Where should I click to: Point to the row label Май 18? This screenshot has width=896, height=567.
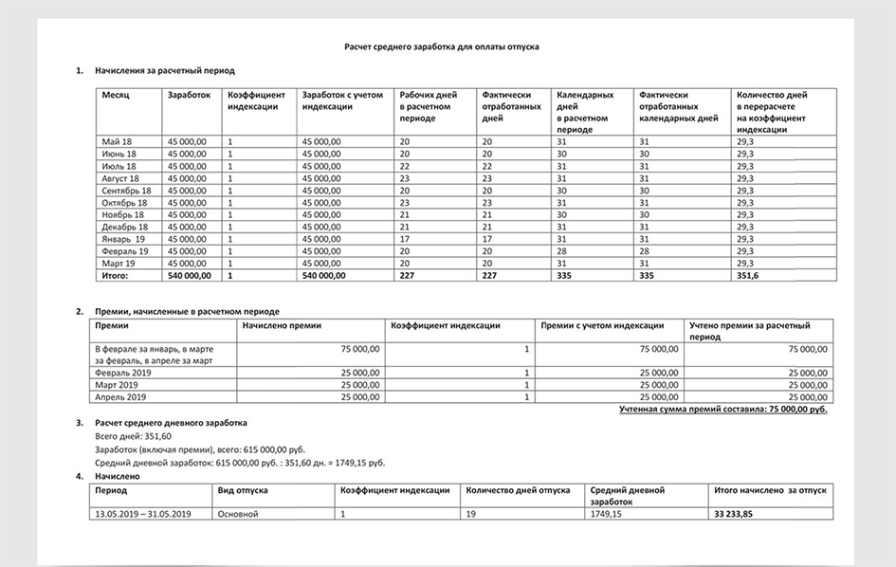click(117, 141)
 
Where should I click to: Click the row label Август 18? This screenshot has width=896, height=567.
click(120, 178)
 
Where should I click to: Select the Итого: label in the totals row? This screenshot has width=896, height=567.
click(115, 276)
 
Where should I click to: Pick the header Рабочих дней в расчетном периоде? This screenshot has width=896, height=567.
click(429, 107)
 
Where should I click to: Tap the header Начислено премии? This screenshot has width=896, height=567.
click(282, 325)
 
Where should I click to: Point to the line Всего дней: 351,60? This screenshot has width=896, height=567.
click(125, 436)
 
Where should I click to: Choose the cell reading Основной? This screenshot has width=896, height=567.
click(238, 514)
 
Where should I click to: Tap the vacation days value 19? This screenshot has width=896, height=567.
click(471, 514)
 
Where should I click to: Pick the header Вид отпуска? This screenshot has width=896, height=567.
click(243, 491)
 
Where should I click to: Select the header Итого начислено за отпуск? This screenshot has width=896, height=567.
click(770, 491)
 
